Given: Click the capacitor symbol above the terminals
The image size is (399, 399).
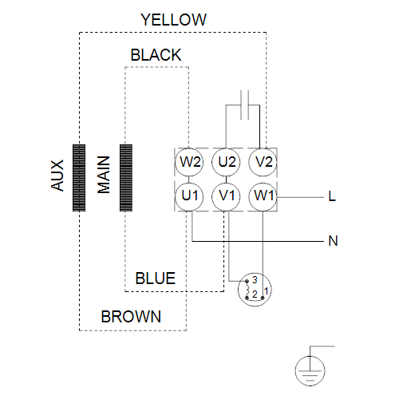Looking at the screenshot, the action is (244, 105).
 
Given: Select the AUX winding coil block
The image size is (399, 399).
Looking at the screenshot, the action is (79, 178).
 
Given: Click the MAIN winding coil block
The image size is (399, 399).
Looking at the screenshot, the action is (126, 178).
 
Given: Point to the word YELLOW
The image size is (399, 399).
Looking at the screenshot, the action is (173, 20).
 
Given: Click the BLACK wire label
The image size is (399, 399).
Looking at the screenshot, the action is (156, 55).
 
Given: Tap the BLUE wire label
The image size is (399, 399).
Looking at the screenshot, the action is (156, 279).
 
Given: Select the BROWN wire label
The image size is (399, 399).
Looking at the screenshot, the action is (131, 317).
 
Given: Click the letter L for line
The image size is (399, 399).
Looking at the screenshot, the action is (332, 196).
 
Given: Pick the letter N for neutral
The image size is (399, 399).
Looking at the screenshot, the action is (333, 241).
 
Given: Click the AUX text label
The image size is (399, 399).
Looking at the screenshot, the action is (57, 176).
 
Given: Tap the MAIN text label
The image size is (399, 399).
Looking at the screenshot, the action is (104, 175).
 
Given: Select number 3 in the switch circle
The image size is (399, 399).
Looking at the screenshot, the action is (255, 280).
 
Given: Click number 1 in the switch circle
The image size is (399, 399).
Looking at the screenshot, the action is (266, 291).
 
